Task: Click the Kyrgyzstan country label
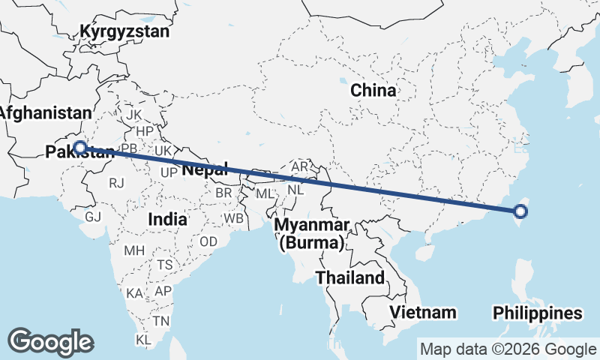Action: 125,32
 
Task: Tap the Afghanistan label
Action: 45,113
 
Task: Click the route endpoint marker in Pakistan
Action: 80,148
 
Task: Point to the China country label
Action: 373,91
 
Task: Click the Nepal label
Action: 204,170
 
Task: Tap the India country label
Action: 167,219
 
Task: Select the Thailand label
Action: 349,277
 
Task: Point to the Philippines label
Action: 537,313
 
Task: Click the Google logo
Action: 50,341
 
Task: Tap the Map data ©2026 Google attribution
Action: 508,349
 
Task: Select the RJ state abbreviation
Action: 116,182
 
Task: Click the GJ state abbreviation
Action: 93,216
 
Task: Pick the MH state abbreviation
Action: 134,250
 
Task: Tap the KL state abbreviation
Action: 143,340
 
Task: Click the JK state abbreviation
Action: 134,115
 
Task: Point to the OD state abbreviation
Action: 208,241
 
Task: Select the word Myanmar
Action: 311,226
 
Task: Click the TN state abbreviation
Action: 161,320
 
